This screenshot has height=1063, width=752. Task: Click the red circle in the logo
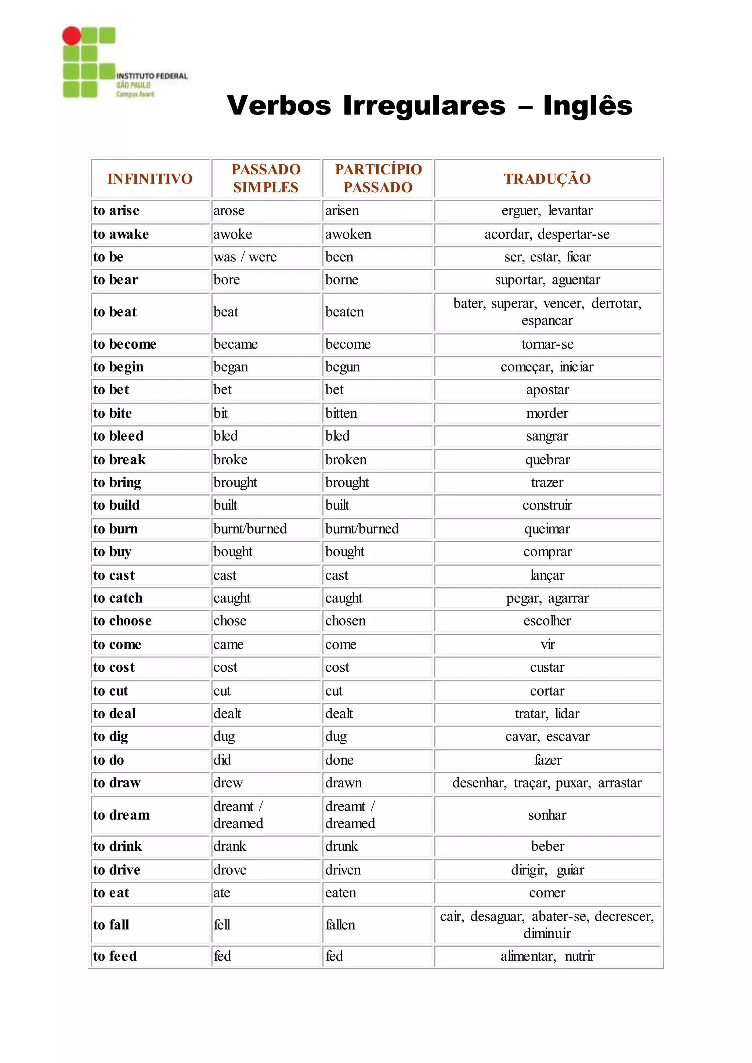point(72,36)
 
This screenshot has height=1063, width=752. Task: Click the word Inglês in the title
point(587,106)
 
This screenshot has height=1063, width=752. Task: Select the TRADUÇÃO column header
point(547,179)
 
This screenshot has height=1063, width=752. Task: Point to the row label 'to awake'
point(121,234)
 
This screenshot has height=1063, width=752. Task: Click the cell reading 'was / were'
point(245,257)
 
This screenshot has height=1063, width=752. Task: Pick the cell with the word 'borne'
point(342,280)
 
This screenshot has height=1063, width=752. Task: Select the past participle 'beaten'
point(344,312)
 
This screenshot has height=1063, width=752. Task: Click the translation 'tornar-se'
point(547,344)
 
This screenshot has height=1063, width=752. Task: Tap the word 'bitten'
point(341,413)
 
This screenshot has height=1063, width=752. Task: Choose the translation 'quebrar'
point(547,460)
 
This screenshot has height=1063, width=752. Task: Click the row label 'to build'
point(116,505)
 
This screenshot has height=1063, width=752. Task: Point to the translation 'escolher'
point(547,621)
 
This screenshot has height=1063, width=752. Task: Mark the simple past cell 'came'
point(229,645)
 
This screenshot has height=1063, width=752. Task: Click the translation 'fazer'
point(547,760)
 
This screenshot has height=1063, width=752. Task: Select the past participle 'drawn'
point(344,783)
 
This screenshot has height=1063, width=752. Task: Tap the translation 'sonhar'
point(547,815)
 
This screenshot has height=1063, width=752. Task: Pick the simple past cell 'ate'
point(222,893)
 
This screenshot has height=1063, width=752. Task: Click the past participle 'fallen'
point(340,925)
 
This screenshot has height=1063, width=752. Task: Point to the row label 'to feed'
point(115,956)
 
